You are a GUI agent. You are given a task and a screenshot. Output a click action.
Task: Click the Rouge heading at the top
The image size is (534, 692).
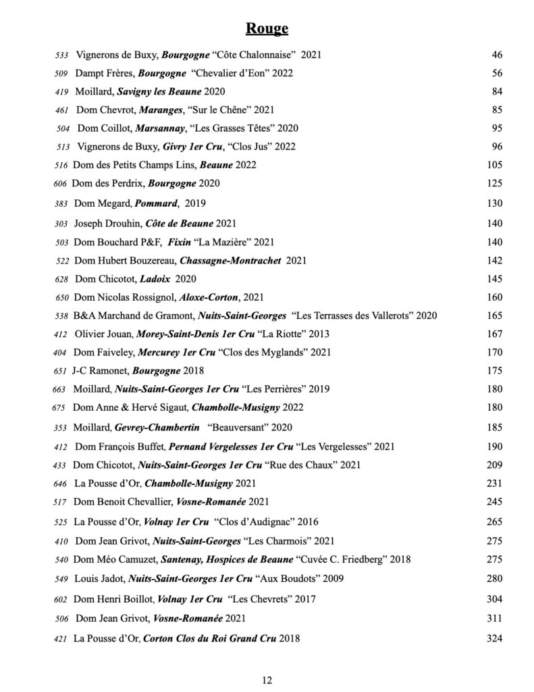pos(267,28)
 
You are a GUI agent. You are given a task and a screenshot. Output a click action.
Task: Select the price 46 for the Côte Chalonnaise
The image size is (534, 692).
pos(498,55)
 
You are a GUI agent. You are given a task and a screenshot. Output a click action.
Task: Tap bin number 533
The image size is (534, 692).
pos(62,55)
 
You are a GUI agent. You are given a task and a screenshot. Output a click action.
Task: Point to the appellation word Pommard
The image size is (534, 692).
pos(156,203)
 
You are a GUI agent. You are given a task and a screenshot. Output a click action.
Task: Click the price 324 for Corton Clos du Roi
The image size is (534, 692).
pos(495,638)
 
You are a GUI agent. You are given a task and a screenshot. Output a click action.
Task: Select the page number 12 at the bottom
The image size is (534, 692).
pos(267,680)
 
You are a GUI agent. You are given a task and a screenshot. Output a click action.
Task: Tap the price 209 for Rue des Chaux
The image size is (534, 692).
pos(495,465)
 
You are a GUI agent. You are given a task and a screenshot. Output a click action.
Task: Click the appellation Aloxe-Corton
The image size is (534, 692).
pos(208,297)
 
